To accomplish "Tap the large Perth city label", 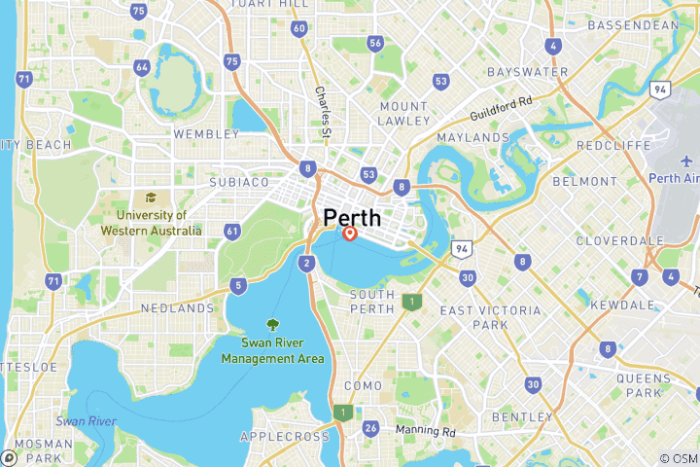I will [x=352, y=217].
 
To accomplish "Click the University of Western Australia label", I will [x=152, y=223].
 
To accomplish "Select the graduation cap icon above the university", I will [x=152, y=198].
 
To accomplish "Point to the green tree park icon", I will [x=272, y=325].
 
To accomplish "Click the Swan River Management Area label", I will [x=272, y=351].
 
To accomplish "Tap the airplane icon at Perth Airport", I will [x=687, y=162].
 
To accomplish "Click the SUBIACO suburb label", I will [x=239, y=182].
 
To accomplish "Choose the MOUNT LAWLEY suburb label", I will [x=404, y=113].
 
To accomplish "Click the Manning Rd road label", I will [x=425, y=430].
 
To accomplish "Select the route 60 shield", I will [x=299, y=28].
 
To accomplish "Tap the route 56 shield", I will [x=375, y=43].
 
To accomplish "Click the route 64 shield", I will [x=142, y=67].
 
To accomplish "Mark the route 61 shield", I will [x=231, y=231].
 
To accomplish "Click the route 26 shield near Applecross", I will [x=370, y=428].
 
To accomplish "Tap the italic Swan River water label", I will [x=86, y=421].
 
